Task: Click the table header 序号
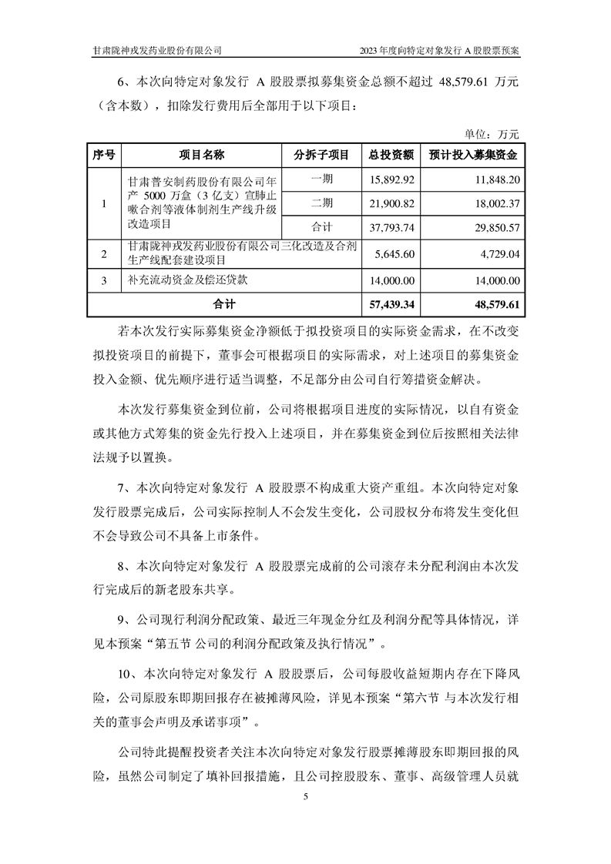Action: [103, 155]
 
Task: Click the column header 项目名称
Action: [201, 155]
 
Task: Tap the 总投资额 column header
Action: [391, 155]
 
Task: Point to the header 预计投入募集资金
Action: [472, 155]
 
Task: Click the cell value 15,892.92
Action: [394, 179]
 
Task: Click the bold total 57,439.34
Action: [392, 305]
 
